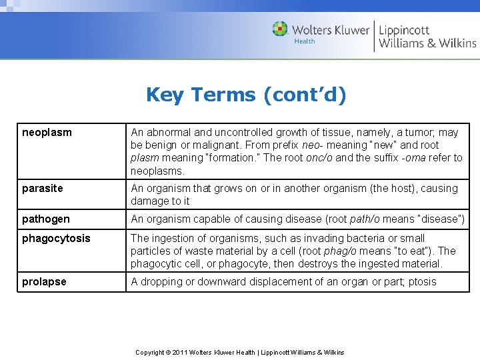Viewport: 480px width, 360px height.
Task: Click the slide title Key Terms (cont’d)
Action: [x=246, y=95]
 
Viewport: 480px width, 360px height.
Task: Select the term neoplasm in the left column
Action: [x=47, y=133]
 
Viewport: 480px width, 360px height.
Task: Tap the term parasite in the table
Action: [x=43, y=189]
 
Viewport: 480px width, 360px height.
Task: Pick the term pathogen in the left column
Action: [x=45, y=219]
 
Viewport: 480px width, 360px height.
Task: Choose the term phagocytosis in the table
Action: [x=56, y=239]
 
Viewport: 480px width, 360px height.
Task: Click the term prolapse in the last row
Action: [x=44, y=282]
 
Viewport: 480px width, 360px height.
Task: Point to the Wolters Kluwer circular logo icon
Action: [x=280, y=29]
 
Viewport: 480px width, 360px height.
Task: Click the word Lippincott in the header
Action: [x=404, y=29]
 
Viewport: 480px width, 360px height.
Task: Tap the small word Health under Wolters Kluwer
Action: [x=305, y=41]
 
